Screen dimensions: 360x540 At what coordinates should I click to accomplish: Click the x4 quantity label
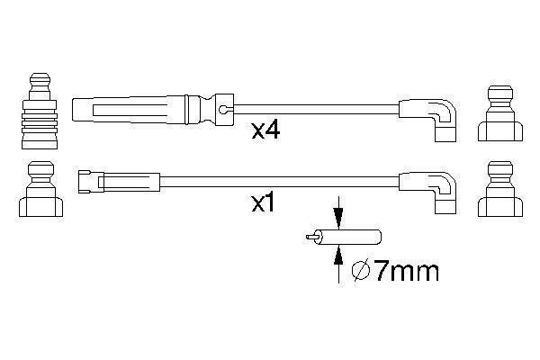click(x=266, y=130)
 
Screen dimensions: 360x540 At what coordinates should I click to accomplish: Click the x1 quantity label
click(x=261, y=203)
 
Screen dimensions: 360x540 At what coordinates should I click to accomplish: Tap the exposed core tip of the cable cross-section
click(x=311, y=239)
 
